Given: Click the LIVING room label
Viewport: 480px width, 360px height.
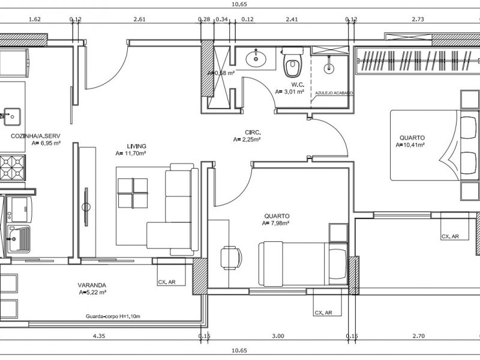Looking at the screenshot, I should point(137,146).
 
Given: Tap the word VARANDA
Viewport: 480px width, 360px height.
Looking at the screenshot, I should point(92,285).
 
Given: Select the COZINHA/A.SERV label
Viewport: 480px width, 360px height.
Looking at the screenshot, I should point(35,136).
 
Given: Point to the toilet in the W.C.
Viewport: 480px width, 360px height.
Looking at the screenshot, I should point(293,63).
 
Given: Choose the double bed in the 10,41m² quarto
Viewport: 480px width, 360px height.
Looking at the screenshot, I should point(430,145).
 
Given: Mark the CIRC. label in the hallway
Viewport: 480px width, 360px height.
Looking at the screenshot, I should point(253,132).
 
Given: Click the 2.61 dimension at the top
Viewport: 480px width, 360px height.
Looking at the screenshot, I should point(139,19).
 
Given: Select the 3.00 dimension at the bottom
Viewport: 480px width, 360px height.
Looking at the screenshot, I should point(278,337).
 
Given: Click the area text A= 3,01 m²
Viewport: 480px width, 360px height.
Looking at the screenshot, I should point(289,92).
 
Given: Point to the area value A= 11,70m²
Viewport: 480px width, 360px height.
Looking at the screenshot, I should point(131,154).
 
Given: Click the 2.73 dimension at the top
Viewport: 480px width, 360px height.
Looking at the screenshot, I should point(418,19).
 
